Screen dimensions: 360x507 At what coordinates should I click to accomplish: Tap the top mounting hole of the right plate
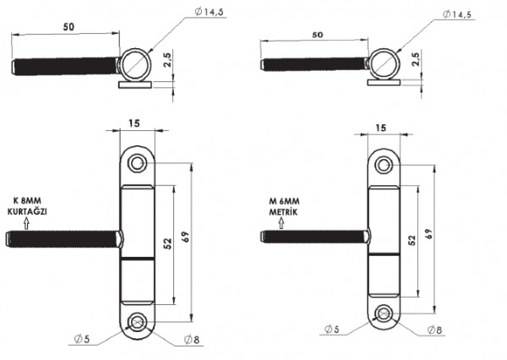(x=384, y=163)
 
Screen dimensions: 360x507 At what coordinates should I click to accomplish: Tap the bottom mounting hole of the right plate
(x=384, y=314)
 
